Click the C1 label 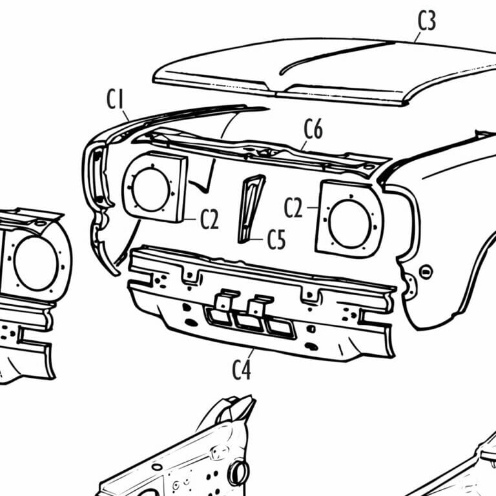point(115,100)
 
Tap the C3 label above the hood point(427,21)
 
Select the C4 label point(241,371)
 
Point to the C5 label point(276,241)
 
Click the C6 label point(313,130)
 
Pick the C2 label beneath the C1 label point(209,220)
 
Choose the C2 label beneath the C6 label point(294,208)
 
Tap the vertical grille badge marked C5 point(249,208)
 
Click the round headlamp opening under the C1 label point(151,189)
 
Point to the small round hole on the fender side point(425,272)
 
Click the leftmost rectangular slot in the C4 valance point(217,316)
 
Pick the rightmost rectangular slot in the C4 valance point(280,327)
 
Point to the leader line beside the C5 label point(261,240)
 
